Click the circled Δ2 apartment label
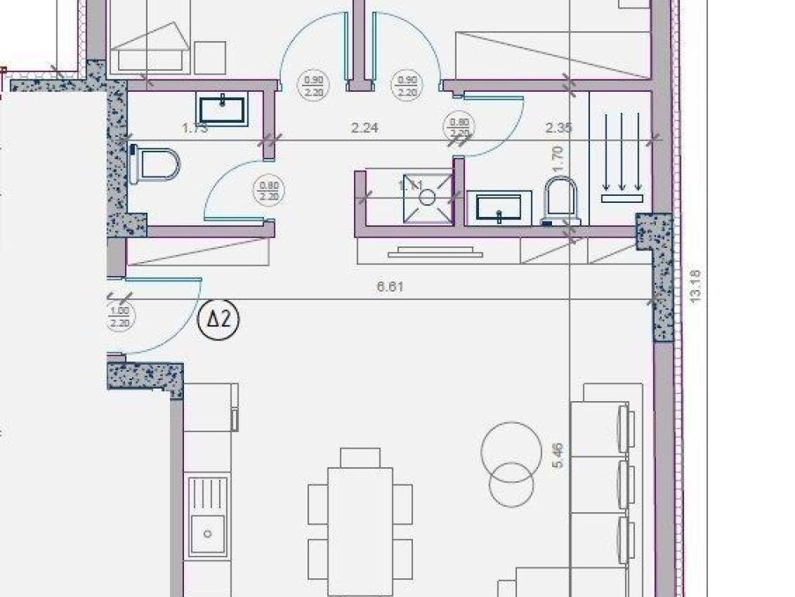click(x=219, y=319)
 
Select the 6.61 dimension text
click(x=390, y=287)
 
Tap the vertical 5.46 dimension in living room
click(x=557, y=456)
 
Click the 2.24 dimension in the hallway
click(x=364, y=128)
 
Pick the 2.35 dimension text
click(x=558, y=128)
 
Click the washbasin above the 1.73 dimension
click(x=223, y=109)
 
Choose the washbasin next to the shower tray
click(x=498, y=207)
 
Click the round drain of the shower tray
click(x=428, y=197)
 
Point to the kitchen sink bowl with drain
click(x=208, y=534)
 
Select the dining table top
click(x=360, y=529)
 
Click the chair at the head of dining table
click(x=360, y=457)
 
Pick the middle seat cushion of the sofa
click(x=599, y=485)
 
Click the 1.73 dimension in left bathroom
click(x=195, y=128)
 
